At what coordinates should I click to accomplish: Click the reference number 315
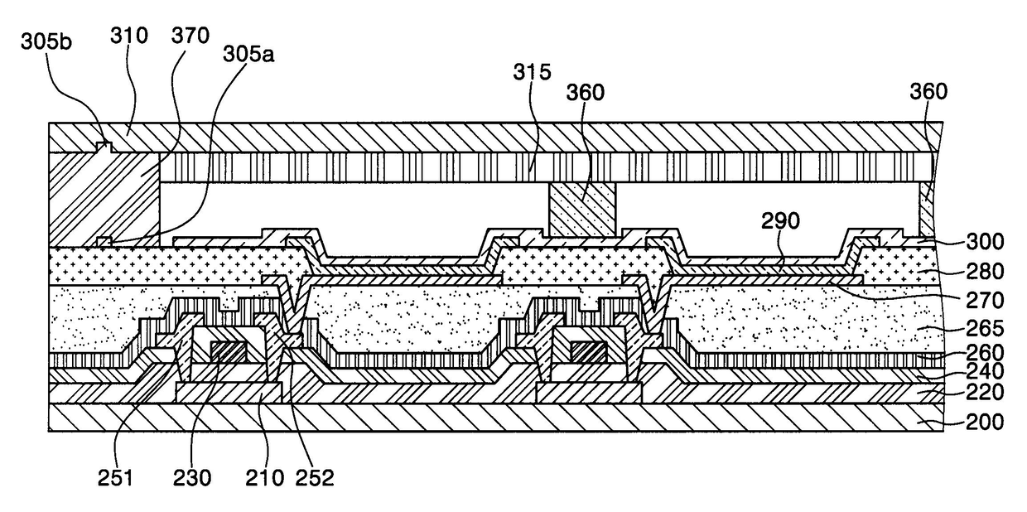tap(531, 72)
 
